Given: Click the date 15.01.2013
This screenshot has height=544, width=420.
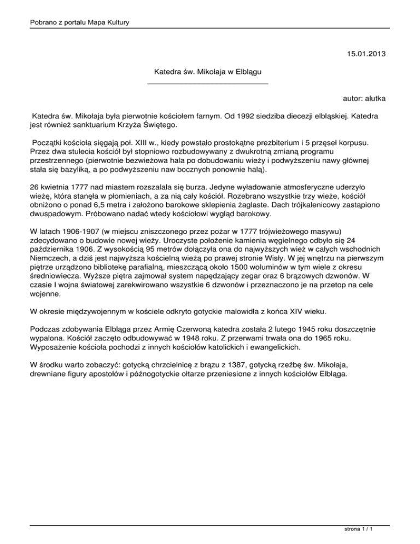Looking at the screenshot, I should coord(367,54).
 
